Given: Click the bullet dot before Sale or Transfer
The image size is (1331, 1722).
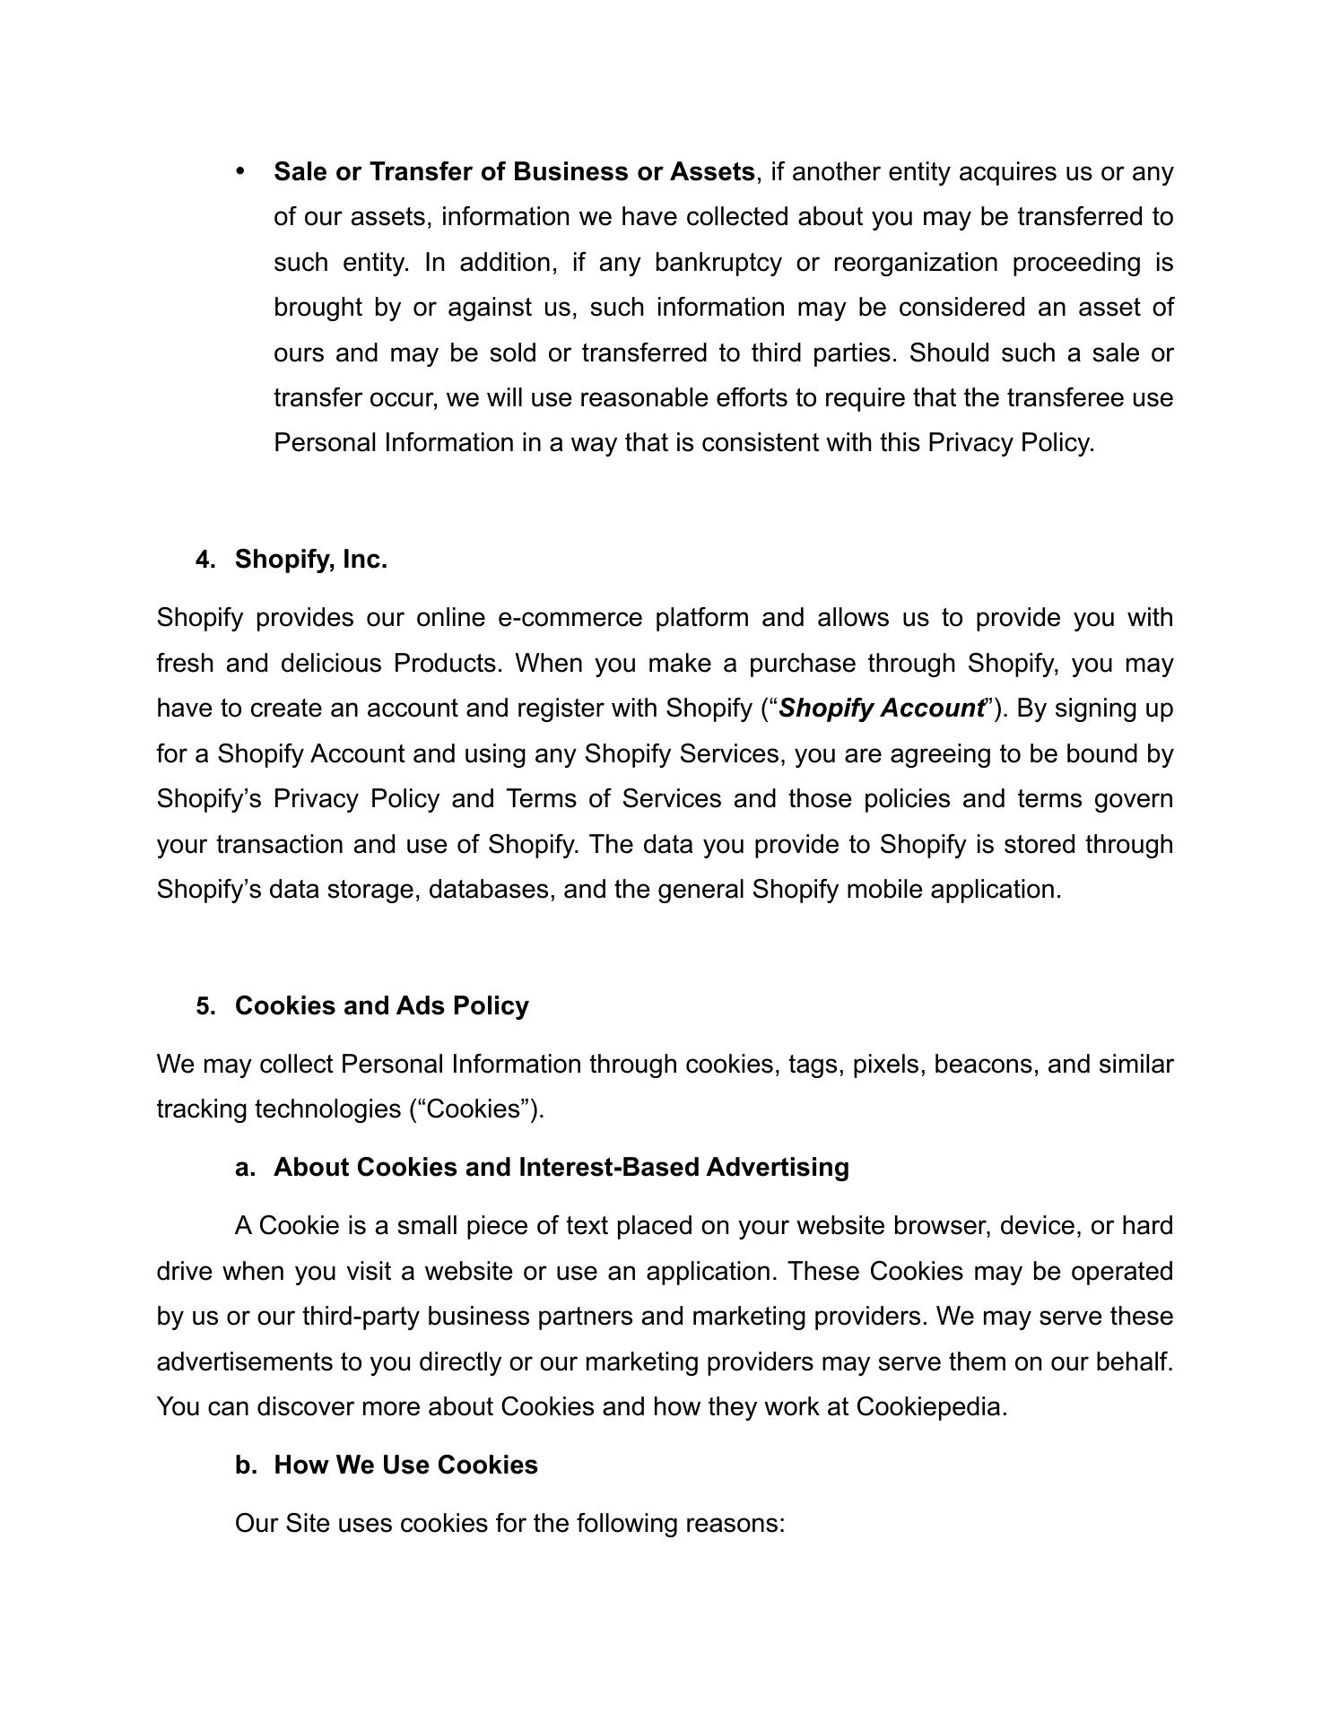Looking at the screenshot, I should [240, 170].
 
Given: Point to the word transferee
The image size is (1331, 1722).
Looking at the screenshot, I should [1062, 397].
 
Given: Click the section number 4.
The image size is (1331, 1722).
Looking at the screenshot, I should [205, 560].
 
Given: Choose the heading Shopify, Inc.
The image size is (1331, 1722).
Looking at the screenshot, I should [311, 560].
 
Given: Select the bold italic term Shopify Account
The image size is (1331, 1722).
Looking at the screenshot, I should [882, 709].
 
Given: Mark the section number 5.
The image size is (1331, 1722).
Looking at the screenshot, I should [205, 1006].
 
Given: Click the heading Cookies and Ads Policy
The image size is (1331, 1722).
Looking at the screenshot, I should [381, 1006].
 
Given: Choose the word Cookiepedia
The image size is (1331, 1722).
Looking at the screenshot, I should [930, 1406].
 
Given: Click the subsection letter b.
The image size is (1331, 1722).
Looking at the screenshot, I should [245, 1465].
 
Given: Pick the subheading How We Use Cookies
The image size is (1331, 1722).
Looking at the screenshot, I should [405, 1465].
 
